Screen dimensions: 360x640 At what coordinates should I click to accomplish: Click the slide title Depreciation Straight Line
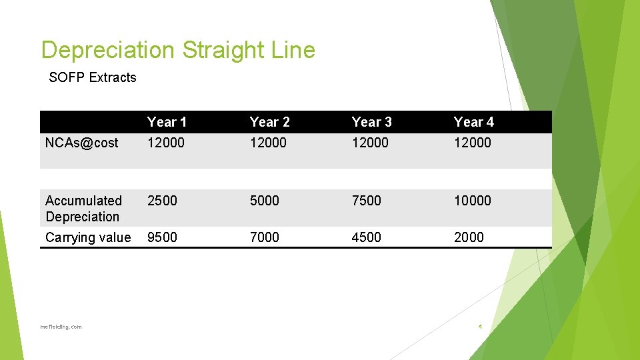[x=178, y=50]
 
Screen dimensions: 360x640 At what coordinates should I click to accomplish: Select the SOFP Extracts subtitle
[x=93, y=77]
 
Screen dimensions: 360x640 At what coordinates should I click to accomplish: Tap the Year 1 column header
[x=167, y=122]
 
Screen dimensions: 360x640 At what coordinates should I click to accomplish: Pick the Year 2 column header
[x=269, y=122]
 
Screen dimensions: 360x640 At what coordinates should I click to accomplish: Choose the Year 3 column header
[x=371, y=122]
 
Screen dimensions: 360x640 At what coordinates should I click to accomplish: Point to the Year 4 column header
[x=473, y=122]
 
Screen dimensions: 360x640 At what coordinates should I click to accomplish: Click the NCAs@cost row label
[x=81, y=143]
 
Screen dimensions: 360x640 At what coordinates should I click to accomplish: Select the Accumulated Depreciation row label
[x=83, y=209]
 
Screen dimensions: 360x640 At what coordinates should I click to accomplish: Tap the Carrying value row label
[x=88, y=237]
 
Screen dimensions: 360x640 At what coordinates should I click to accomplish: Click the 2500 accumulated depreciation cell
[x=162, y=201]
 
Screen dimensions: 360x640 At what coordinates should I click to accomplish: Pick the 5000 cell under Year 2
[x=264, y=201]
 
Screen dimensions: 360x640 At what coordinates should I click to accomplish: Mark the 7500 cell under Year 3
[x=366, y=201]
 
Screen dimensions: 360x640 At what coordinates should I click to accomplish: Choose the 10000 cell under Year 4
[x=472, y=201]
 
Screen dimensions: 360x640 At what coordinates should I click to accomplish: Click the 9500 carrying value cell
[x=162, y=237]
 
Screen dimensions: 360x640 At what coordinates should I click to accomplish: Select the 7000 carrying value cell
[x=264, y=237]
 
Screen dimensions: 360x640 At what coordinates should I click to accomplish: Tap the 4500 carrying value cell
[x=366, y=237]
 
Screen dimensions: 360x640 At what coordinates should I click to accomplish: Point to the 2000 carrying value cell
[x=469, y=237]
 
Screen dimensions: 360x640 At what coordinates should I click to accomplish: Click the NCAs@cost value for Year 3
[x=370, y=143]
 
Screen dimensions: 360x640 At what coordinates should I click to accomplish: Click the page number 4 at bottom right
[x=479, y=327]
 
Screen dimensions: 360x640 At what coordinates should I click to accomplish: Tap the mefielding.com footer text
[x=61, y=327]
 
